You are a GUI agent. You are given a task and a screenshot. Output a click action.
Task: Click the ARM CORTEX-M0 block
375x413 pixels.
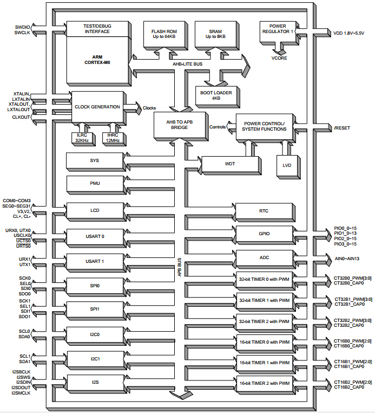97,60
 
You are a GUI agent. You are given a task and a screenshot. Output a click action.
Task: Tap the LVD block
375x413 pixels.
287,165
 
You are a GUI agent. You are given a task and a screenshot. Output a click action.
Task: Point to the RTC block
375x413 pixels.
264,211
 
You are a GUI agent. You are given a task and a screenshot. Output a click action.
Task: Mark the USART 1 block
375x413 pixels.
94,261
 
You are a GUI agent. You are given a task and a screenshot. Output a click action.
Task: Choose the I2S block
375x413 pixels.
94,382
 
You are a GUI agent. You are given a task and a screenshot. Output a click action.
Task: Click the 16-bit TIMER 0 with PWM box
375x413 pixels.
264,342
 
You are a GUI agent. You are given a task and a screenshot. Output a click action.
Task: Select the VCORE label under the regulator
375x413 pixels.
279,58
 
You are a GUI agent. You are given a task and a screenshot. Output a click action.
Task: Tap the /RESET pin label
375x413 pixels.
342,128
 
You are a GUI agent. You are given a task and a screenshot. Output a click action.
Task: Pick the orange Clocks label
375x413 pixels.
149,108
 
